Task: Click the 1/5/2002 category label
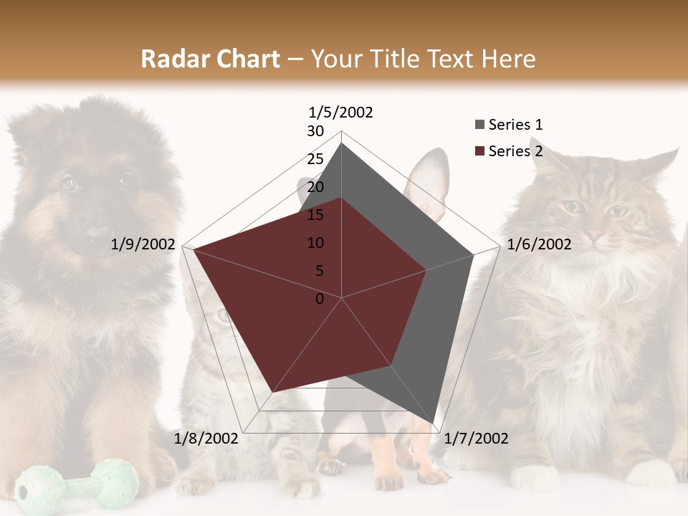340,113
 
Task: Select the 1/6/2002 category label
539,244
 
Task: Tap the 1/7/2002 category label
476,439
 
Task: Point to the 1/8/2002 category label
206,439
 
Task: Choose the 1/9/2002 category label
143,244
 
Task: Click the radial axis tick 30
315,131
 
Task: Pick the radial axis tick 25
315,159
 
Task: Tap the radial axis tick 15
315,215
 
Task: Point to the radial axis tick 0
320,299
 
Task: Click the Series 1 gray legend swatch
479,125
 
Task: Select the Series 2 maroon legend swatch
479,151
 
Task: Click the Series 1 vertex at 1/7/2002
433,424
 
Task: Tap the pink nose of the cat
595,234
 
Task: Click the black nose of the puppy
97,231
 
